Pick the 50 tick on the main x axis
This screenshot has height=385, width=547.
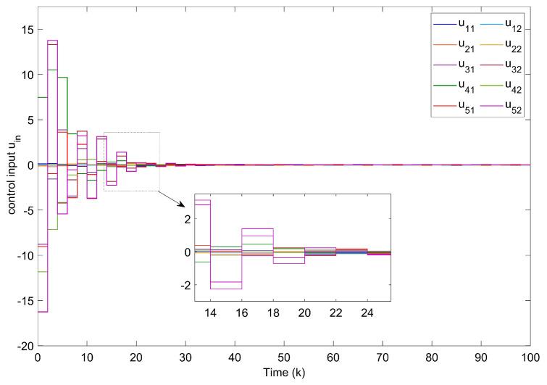[x=283, y=358]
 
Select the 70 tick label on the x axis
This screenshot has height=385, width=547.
[x=382, y=358]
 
